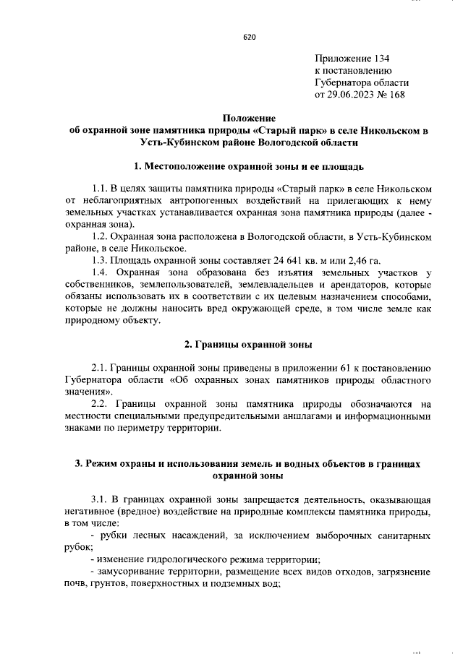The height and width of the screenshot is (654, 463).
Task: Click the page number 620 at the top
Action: (x=250, y=37)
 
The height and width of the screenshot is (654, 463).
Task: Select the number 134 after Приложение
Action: (x=381, y=58)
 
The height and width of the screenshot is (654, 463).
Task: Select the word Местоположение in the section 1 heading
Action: (x=198, y=168)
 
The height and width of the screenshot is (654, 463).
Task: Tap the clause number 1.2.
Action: (x=101, y=237)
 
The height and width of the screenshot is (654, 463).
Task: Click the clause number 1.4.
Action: (x=101, y=272)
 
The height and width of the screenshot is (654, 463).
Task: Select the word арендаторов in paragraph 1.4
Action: (x=359, y=283)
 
